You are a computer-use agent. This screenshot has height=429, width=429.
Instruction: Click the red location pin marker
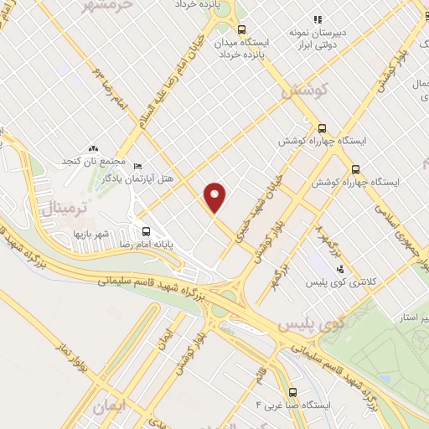click(215, 196)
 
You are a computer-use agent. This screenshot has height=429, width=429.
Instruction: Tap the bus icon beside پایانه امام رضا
click(147, 232)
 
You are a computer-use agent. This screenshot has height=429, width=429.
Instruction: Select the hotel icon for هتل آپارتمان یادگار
click(139, 166)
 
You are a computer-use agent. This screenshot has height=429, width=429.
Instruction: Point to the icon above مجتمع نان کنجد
click(93, 148)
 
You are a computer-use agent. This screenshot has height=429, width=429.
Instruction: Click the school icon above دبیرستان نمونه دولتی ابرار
click(317, 19)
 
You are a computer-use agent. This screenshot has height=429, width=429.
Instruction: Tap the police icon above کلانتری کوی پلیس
click(340, 270)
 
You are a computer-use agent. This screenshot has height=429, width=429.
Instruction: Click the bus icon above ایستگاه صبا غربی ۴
click(292, 391)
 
